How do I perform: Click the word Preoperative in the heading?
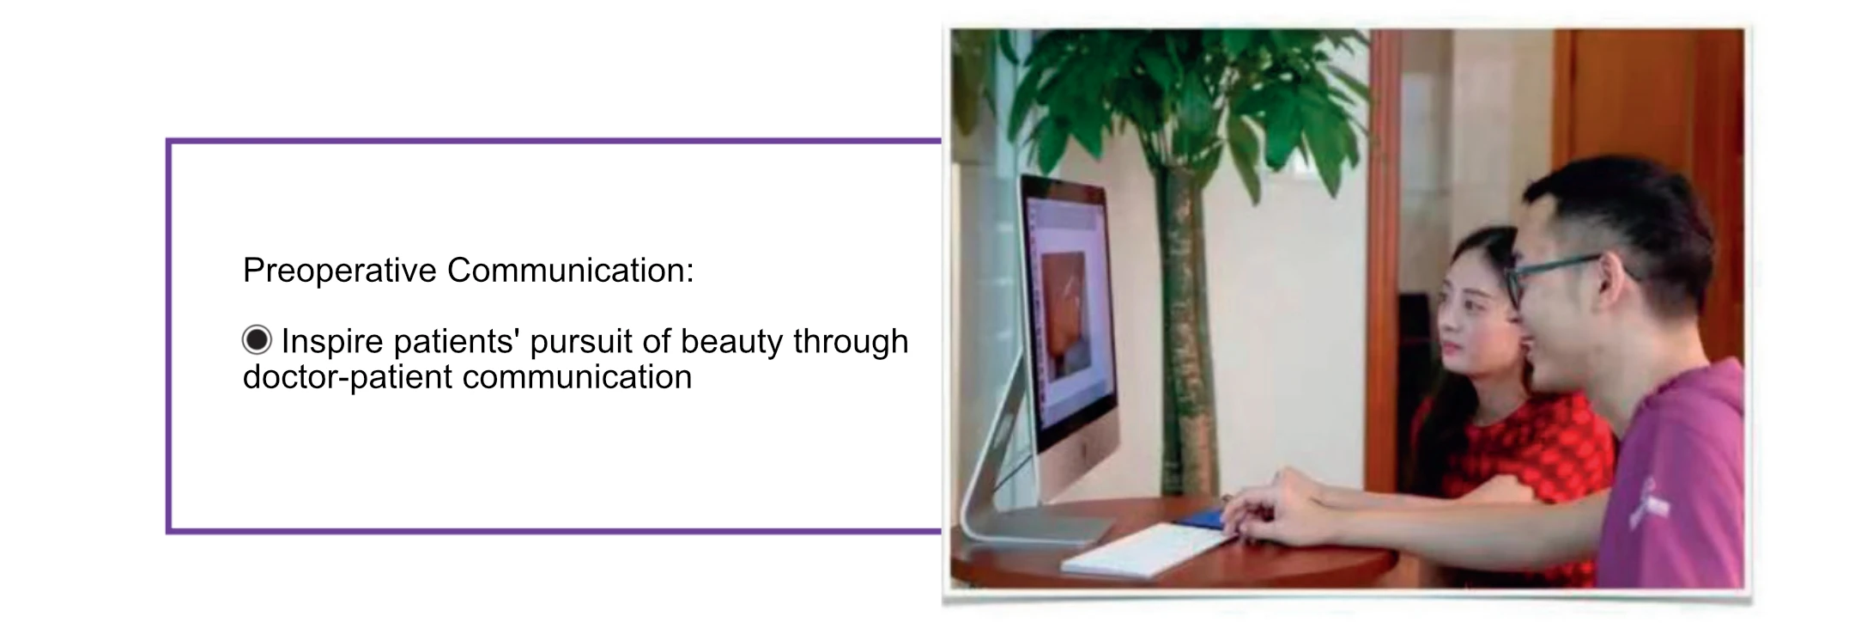(x=340, y=271)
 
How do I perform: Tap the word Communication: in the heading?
(x=570, y=271)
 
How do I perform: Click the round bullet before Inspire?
(x=257, y=340)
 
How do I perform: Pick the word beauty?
(x=732, y=342)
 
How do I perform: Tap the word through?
(x=851, y=342)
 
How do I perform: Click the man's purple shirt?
(x=1674, y=481)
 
